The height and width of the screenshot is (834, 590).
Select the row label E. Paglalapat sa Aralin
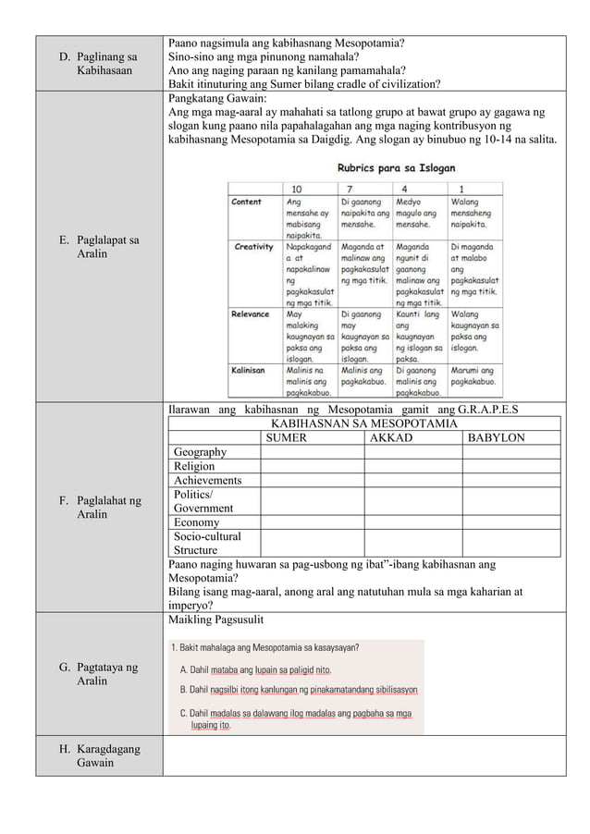[101, 247]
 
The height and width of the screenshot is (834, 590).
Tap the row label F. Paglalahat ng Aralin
[101, 507]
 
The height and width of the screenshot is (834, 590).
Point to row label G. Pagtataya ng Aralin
[101, 673]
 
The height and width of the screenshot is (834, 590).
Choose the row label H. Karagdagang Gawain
[101, 755]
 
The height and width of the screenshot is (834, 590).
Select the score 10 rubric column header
[298, 185]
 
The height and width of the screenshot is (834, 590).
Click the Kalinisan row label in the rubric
[249, 370]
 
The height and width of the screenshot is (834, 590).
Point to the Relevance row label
[252, 314]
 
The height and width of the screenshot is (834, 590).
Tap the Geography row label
[200, 452]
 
